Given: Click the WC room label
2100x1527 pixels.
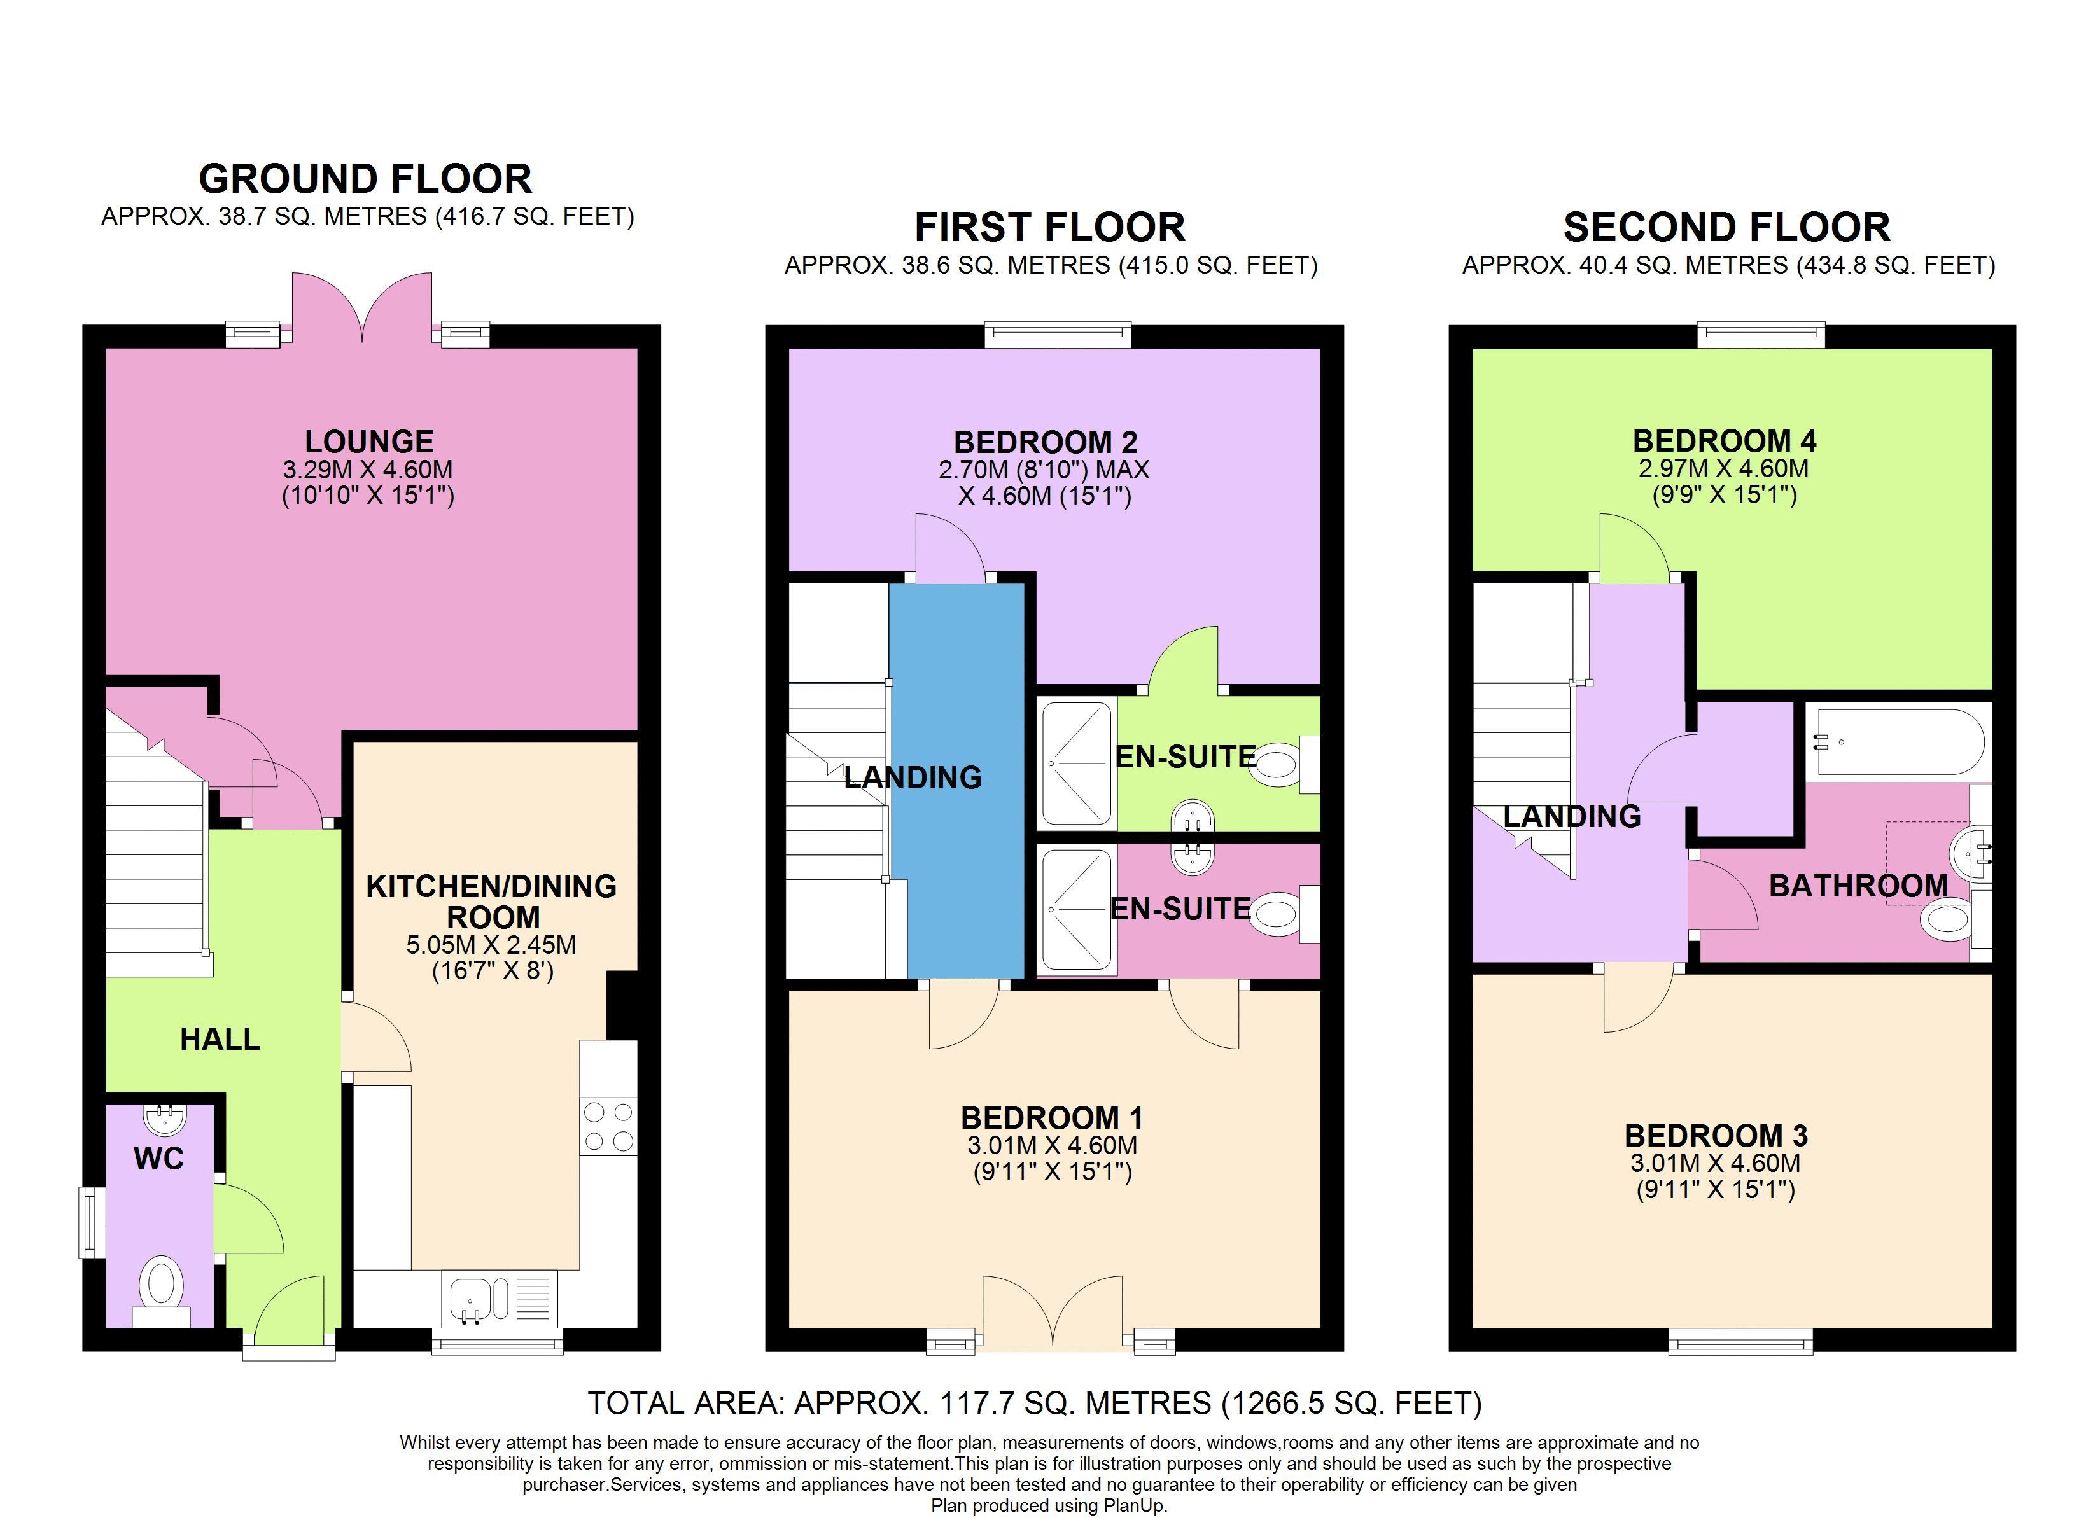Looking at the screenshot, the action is (x=158, y=1159).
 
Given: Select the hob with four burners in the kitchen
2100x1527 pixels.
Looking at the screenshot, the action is (x=608, y=1126).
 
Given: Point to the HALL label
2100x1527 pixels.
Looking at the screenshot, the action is (x=220, y=1039).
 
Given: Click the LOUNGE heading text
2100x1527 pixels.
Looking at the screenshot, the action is (x=370, y=441).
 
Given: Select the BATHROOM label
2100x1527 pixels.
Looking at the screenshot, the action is (x=1858, y=885).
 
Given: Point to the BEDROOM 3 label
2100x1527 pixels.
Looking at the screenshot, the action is (x=1716, y=1135).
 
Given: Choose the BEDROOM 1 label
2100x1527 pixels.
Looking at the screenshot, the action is (x=1052, y=1118).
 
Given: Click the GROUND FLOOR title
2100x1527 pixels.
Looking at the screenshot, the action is (x=366, y=179).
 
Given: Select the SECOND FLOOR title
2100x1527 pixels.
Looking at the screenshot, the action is (x=1727, y=227).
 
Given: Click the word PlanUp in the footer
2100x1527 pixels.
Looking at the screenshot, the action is (x=1134, y=1506).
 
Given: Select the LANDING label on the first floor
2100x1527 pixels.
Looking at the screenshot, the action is (x=913, y=777).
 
